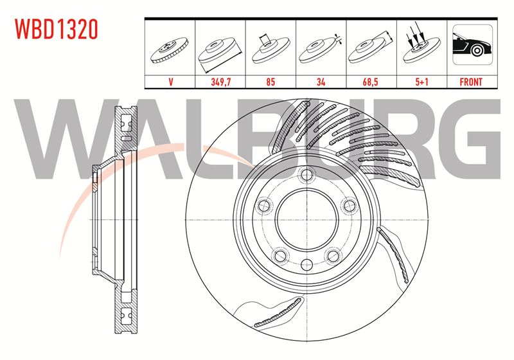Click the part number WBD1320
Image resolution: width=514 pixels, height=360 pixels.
[x=57, y=29]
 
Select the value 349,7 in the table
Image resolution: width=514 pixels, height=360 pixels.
[x=220, y=82]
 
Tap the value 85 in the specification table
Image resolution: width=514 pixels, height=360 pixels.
[x=270, y=82]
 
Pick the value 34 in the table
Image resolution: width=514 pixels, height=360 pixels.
[x=321, y=82]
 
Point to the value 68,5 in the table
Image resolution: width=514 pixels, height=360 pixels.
[x=371, y=82]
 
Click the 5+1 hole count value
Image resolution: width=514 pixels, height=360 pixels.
[x=422, y=82]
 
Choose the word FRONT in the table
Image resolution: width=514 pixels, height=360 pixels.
[x=471, y=82]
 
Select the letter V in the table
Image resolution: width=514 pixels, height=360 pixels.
[x=170, y=82]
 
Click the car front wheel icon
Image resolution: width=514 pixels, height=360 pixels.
[x=472, y=44]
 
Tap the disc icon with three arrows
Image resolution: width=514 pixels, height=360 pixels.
[x=421, y=46]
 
